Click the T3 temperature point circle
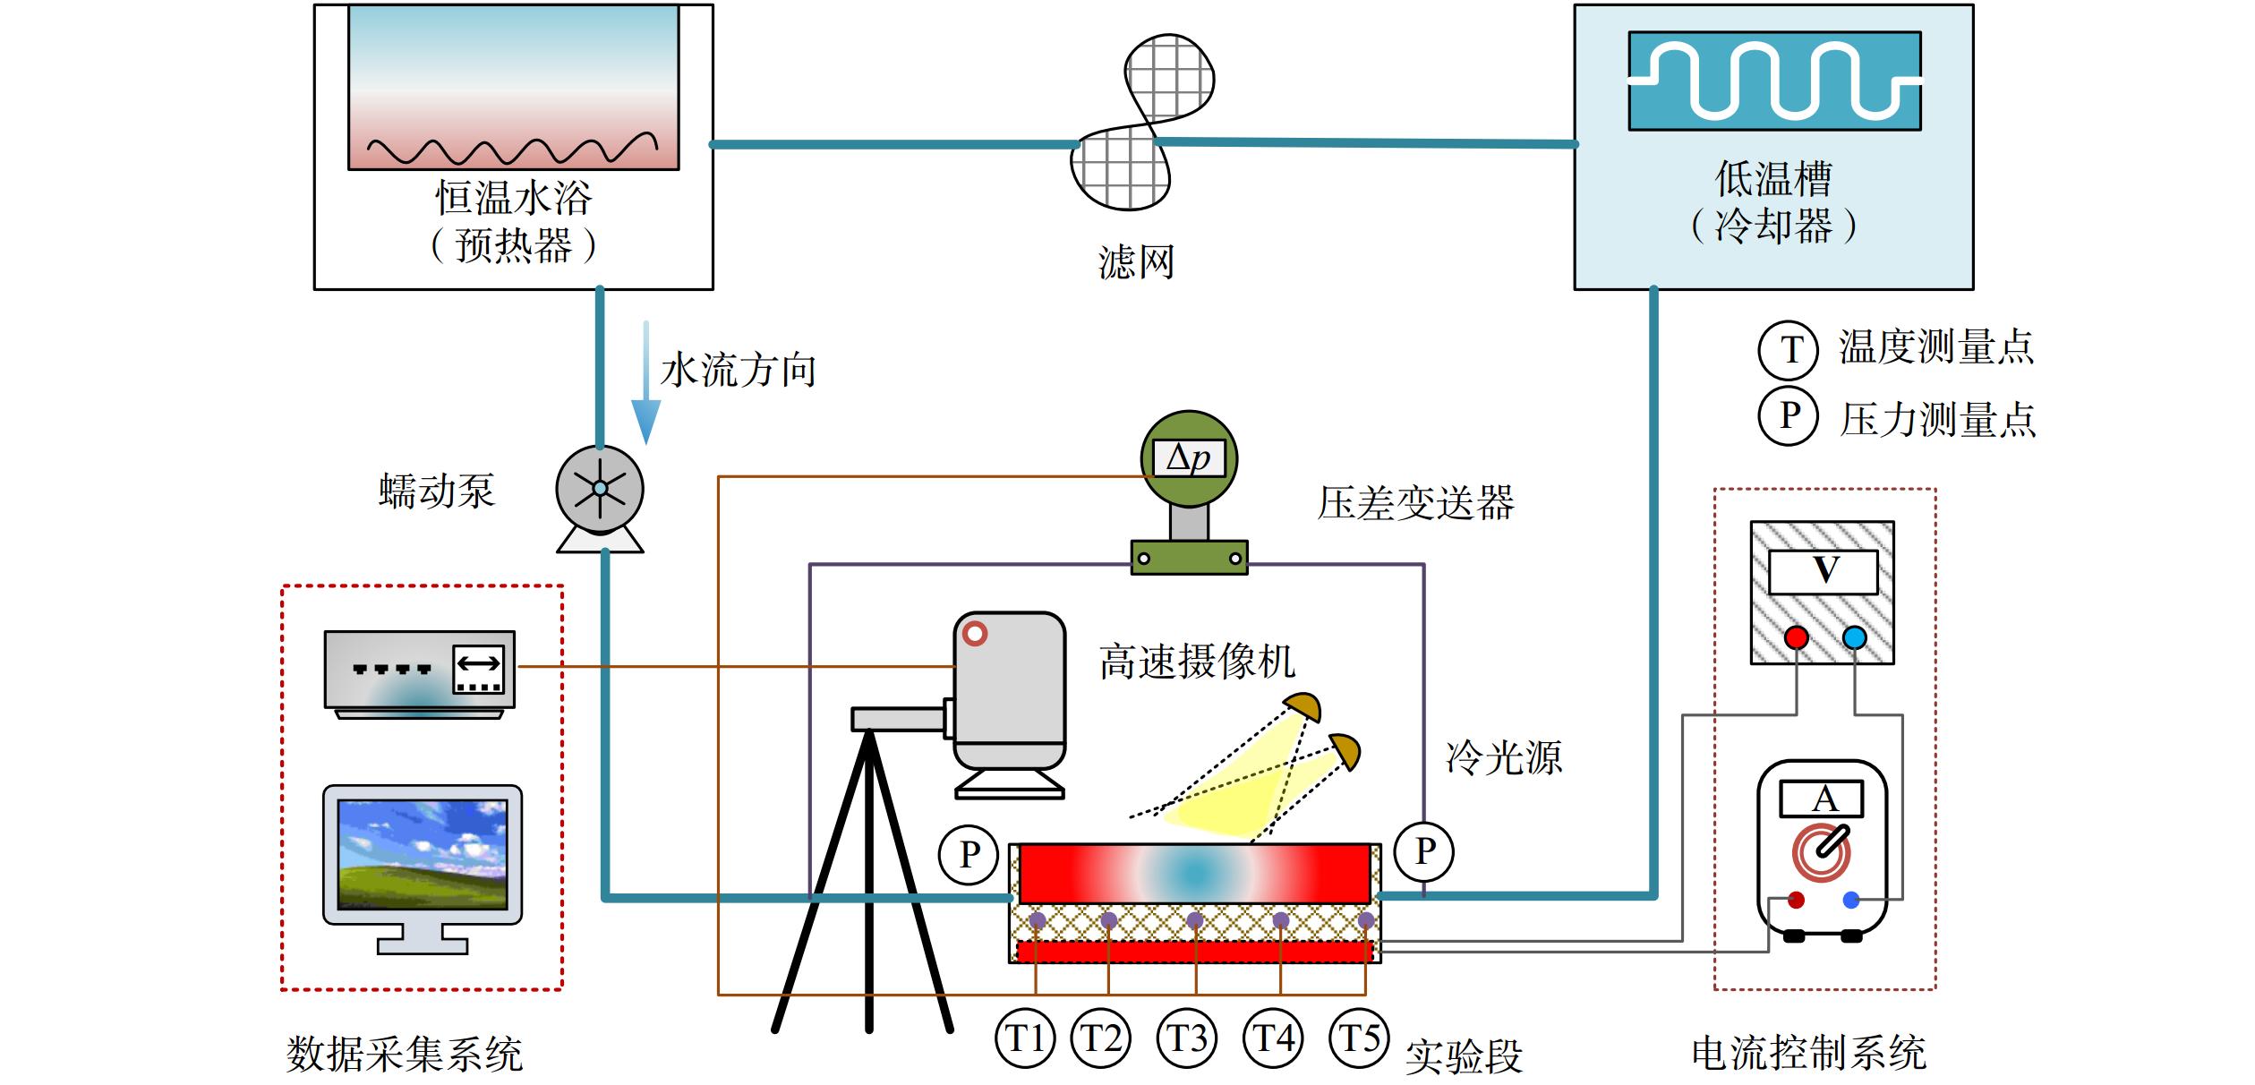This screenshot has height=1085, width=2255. [1187, 1038]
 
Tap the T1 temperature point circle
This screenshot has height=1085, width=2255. [1025, 1038]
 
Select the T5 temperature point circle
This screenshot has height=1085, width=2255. [1359, 1038]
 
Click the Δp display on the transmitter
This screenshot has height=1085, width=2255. [1189, 458]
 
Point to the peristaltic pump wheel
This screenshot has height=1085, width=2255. [600, 489]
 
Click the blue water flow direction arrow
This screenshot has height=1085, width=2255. [645, 383]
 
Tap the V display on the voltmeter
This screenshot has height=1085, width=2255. [1824, 571]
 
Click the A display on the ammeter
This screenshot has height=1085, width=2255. [1822, 799]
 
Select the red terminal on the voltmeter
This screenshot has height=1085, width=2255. [1796, 637]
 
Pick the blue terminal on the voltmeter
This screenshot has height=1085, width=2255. [1855, 637]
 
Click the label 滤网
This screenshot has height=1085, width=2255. [1136, 262]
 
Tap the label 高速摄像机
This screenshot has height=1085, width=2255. [1197, 662]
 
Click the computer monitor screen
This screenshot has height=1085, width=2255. [423, 854]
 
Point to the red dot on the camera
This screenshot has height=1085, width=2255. [975, 634]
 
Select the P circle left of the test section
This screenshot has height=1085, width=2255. [969, 854]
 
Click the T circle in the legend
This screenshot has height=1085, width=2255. [1788, 349]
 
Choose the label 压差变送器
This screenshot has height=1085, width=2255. [1415, 503]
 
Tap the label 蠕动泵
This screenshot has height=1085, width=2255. [436, 491]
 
